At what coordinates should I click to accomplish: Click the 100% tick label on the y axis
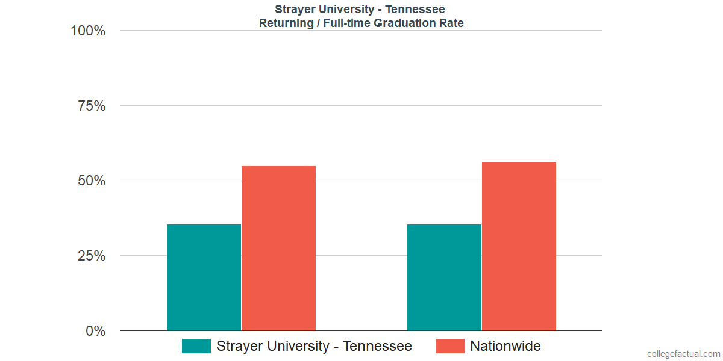[x=88, y=31]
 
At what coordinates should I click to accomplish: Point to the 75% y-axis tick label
[x=92, y=106]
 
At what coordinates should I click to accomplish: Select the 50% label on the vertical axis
[x=92, y=181]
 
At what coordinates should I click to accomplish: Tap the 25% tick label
[x=92, y=256]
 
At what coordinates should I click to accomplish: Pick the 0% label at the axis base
[x=95, y=331]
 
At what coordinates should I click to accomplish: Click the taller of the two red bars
[x=519, y=247]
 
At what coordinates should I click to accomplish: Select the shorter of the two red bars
[x=278, y=248]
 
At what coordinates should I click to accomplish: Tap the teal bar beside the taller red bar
[x=444, y=277]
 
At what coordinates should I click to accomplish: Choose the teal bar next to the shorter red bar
[x=204, y=277]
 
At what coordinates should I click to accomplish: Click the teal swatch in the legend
[x=196, y=346]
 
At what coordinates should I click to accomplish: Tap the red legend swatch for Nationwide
[x=450, y=346]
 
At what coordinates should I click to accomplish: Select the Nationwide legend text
[x=505, y=346]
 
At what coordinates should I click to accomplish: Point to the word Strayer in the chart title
[x=294, y=9]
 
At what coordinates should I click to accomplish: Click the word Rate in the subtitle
[x=452, y=23]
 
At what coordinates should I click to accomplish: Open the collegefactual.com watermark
[x=683, y=354]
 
